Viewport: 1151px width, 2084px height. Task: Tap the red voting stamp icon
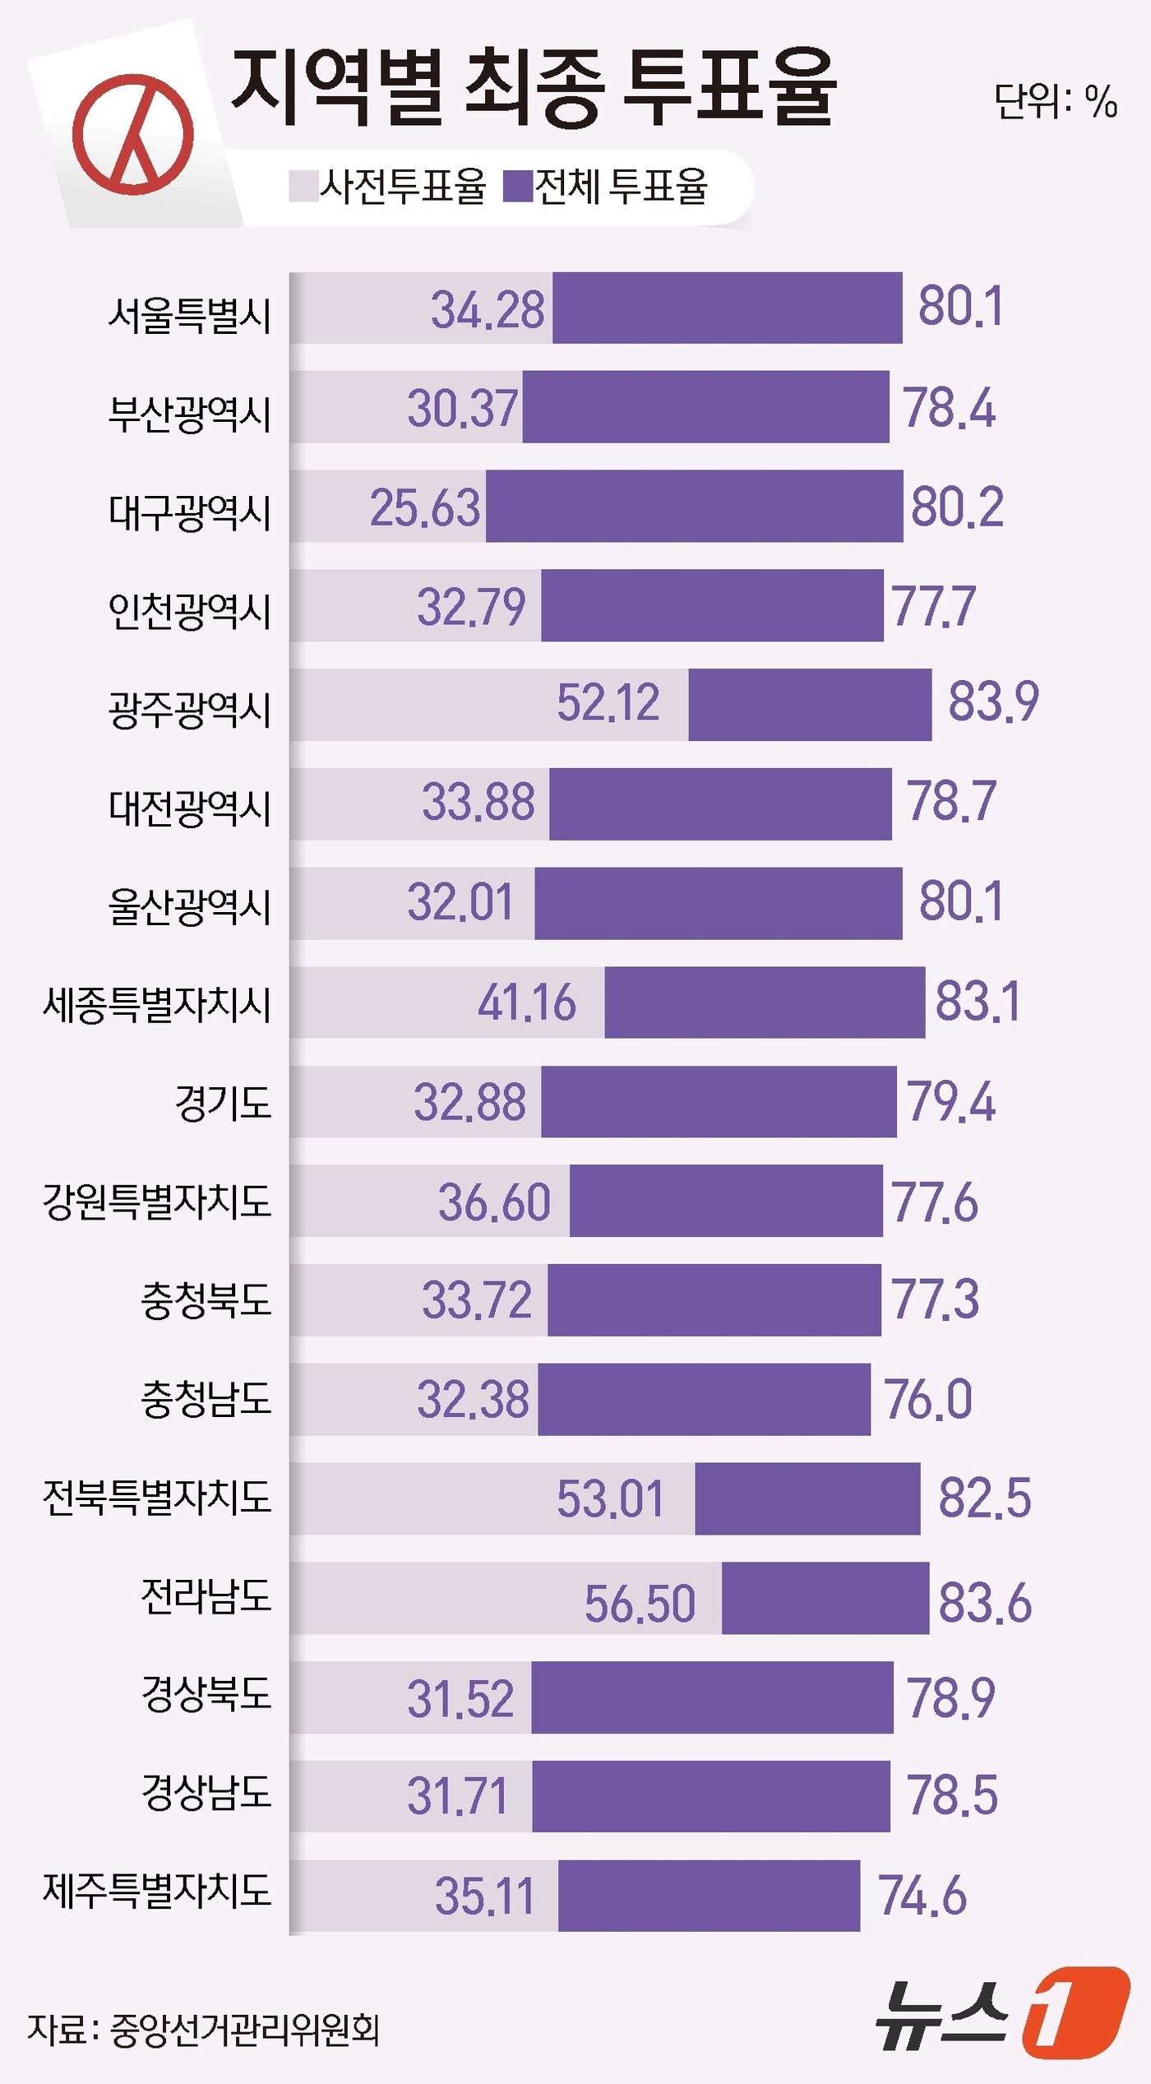[x=133, y=134]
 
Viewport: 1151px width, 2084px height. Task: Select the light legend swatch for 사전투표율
[x=303, y=186]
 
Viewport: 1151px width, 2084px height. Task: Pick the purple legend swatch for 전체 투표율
[x=518, y=186]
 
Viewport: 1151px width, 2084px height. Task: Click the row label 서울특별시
[x=190, y=315]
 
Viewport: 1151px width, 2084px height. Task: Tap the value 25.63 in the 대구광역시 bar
[x=424, y=507]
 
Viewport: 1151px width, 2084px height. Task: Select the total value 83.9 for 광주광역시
[x=993, y=702]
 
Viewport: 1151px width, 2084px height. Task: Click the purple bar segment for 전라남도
[x=825, y=1598]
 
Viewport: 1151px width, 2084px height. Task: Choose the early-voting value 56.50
[x=640, y=1604]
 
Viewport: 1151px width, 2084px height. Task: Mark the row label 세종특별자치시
[x=157, y=1005]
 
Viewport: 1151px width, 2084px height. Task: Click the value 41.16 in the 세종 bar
[x=527, y=1003]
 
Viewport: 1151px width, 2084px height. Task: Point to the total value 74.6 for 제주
[x=922, y=1896]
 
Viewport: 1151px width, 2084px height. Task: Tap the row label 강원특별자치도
[x=157, y=1202]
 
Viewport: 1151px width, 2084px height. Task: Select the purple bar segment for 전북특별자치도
[x=807, y=1498]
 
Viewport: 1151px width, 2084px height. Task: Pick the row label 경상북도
[x=206, y=1694]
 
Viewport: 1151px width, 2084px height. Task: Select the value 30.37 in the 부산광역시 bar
[x=463, y=409]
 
